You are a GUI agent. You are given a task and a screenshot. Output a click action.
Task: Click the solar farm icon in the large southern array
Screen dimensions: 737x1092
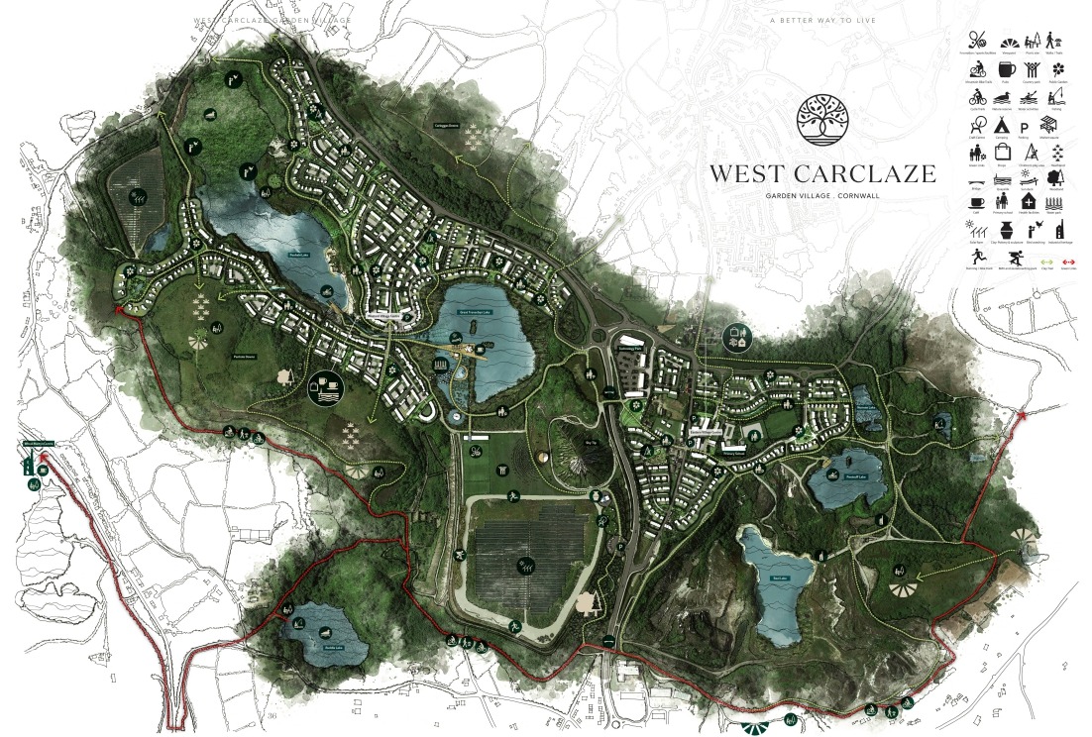(522, 568)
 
